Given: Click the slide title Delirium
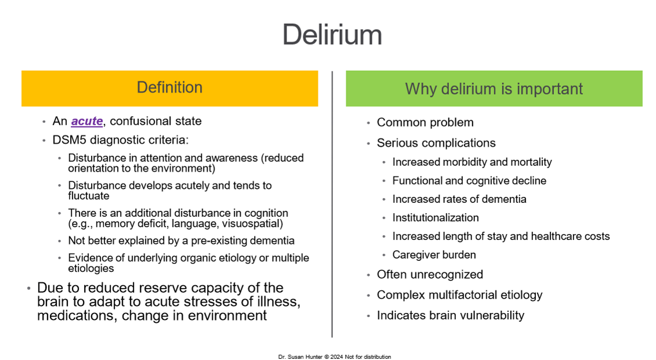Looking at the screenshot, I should tap(332, 35).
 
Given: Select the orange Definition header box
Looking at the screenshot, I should tap(169, 88).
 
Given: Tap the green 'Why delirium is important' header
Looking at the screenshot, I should tap(494, 89).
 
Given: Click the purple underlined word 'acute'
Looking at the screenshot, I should tap(87, 121).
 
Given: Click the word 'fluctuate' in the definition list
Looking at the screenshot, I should tap(89, 196).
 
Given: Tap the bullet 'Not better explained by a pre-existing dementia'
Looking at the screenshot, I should tap(181, 241).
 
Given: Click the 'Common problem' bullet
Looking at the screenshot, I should tap(425, 122).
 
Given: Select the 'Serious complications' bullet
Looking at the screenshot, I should tap(436, 143).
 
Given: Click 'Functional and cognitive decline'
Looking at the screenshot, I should tap(469, 181).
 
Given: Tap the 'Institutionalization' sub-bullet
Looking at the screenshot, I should tap(436, 218).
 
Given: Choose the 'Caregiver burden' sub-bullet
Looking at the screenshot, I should tap(434, 255).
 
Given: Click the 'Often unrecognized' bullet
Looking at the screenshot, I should tap(430, 275).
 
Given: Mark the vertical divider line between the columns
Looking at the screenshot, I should tap(332, 203).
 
